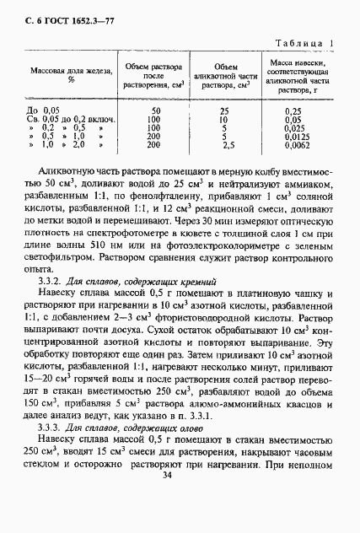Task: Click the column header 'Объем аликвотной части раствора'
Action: pos(225,75)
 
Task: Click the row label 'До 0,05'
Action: pos(44,110)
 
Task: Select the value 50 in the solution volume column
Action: pos(155,110)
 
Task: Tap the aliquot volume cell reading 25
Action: pos(224,110)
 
